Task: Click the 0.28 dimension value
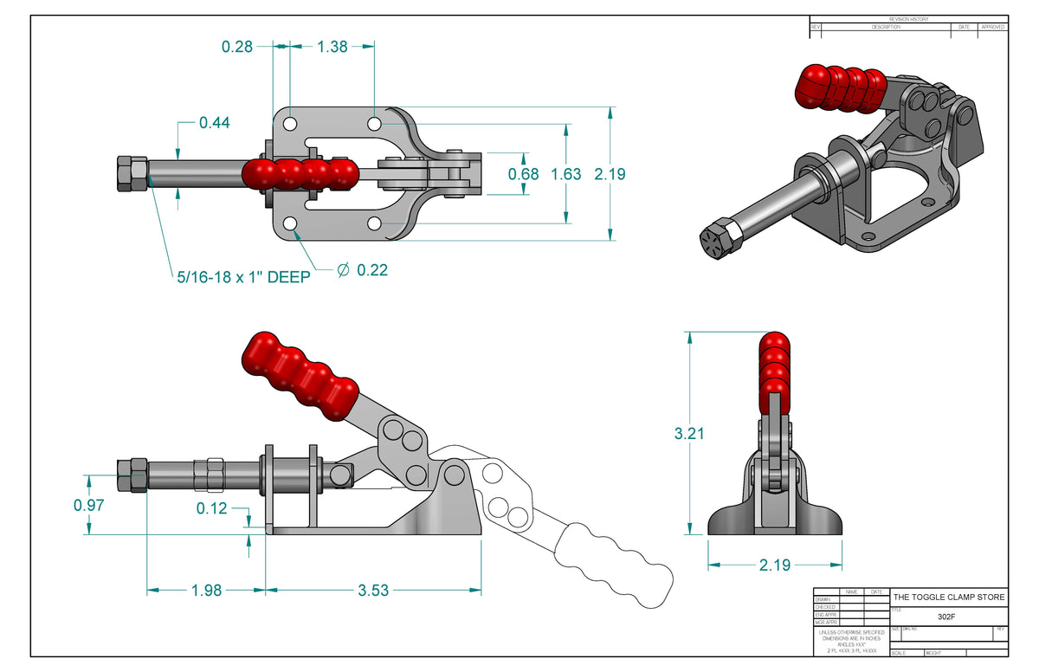click(x=236, y=47)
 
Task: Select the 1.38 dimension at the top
click(x=332, y=47)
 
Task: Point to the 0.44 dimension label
click(x=214, y=123)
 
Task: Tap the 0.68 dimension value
click(x=522, y=174)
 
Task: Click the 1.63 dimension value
click(x=566, y=174)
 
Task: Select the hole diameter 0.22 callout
click(x=363, y=270)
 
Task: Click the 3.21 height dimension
click(x=689, y=433)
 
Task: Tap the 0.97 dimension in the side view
click(x=89, y=505)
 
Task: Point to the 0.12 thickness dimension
click(x=211, y=508)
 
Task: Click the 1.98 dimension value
click(x=206, y=591)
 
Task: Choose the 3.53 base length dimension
click(x=374, y=591)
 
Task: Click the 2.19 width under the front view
click(x=774, y=565)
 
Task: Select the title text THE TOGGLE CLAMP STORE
click(x=949, y=598)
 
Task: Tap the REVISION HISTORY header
click(x=908, y=19)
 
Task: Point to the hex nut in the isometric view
click(x=718, y=237)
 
